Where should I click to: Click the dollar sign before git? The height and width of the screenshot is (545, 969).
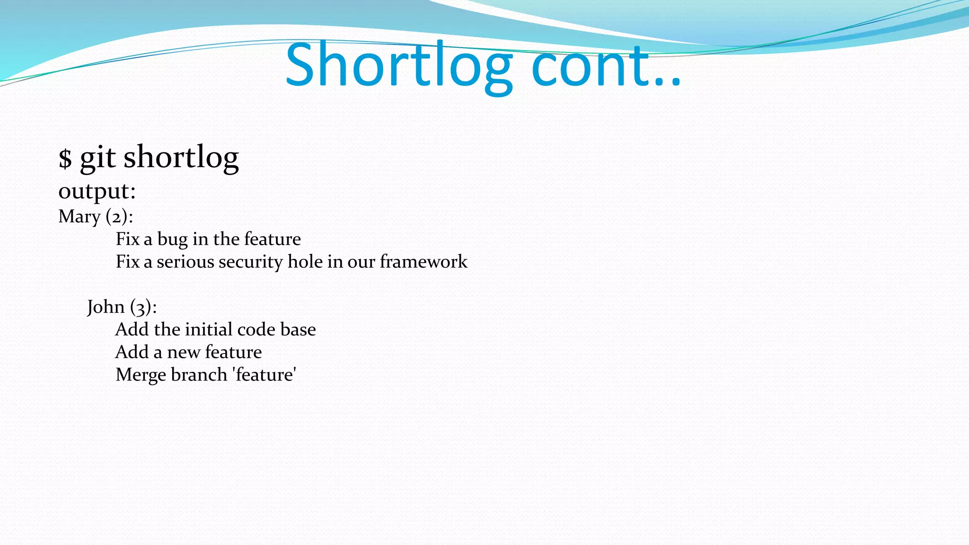pos(65,158)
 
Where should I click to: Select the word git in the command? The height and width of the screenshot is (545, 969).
pos(97,158)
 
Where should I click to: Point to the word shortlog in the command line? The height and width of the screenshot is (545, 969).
pos(181,158)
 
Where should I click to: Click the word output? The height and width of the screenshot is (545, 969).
pos(97,192)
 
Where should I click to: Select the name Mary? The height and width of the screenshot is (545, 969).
pos(79,217)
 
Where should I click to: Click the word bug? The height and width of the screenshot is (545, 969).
pos(172,239)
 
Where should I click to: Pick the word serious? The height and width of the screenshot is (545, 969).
pos(185,262)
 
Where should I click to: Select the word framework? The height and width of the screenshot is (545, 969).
pos(423,262)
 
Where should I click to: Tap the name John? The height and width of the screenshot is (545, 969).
pos(106,307)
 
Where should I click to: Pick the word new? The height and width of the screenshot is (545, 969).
pos(184,352)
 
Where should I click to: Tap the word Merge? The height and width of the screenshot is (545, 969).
pos(141,375)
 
